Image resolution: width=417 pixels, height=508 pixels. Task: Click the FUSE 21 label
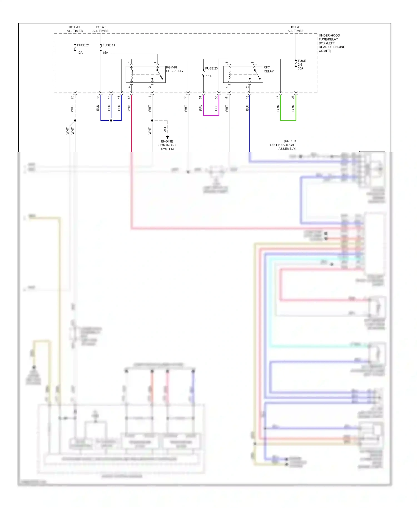click(83, 45)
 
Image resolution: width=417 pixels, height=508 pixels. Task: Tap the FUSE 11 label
click(109, 45)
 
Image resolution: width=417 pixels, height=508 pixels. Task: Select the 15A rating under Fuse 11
click(105, 53)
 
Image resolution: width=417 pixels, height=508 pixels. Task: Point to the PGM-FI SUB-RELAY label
click(175, 69)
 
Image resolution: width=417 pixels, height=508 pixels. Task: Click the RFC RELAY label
click(268, 69)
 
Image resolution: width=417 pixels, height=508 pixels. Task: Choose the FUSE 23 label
click(211, 68)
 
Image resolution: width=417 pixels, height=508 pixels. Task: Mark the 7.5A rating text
click(208, 76)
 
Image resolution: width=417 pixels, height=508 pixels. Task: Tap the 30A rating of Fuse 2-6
click(301, 68)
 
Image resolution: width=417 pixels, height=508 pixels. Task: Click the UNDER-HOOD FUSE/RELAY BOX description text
click(332, 43)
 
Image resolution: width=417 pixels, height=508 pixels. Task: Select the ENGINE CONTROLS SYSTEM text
click(167, 145)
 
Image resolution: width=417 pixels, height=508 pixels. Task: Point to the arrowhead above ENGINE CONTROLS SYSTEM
click(167, 137)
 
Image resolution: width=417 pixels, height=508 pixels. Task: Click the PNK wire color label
click(129, 108)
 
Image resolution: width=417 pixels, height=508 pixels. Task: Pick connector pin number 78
click(72, 97)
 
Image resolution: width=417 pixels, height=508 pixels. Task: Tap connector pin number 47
click(129, 97)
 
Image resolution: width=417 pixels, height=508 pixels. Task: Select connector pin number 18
click(247, 97)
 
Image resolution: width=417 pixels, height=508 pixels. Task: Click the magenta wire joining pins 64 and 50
click(211, 115)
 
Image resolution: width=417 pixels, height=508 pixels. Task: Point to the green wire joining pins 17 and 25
click(288, 120)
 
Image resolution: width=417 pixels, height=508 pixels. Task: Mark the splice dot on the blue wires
click(111, 121)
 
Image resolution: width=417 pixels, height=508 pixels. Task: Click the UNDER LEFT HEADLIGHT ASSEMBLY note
click(283, 145)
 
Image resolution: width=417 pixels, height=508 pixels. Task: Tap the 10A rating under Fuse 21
click(80, 53)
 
